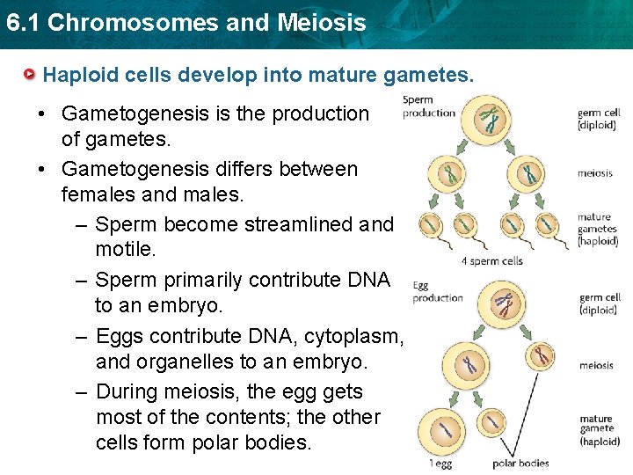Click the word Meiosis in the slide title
point(323,23)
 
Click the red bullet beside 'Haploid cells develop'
point(32,75)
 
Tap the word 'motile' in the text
point(125,251)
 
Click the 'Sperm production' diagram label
point(428,106)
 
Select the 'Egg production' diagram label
point(437,291)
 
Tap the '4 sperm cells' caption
point(491,261)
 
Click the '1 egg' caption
point(440,464)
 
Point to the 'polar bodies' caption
point(520,464)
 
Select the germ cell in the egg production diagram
point(505,305)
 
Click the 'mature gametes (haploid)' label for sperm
point(598,229)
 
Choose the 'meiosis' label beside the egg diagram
point(596,365)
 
